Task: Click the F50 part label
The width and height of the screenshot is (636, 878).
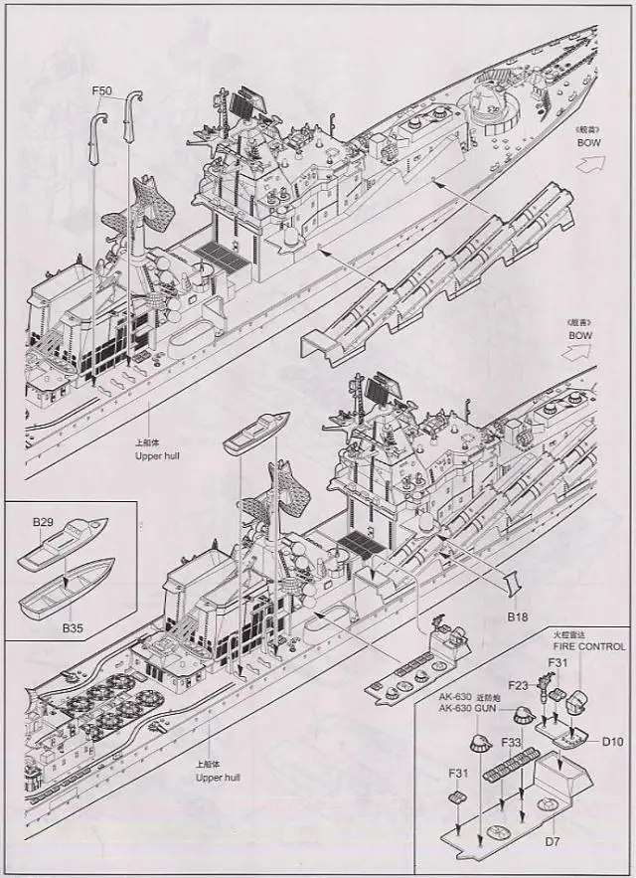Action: tap(101, 91)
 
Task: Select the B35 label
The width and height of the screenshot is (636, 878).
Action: tap(73, 627)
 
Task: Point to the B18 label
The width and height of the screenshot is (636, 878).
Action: tap(517, 616)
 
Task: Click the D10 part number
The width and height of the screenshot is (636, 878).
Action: tap(611, 740)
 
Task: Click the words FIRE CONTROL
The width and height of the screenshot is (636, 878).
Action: tap(589, 646)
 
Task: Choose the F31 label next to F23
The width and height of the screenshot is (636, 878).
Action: tap(556, 663)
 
